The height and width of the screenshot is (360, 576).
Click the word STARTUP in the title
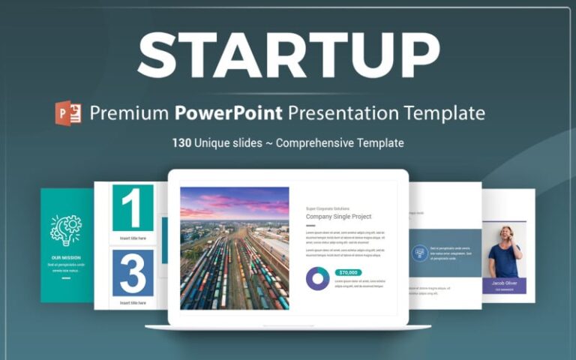(x=288, y=55)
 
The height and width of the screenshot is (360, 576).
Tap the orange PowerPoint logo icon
(x=68, y=113)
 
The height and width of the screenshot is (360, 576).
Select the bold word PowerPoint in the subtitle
(x=229, y=113)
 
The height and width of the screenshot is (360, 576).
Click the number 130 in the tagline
(x=182, y=142)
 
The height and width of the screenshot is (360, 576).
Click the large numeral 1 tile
(x=133, y=208)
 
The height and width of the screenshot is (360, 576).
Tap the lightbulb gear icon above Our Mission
(x=66, y=230)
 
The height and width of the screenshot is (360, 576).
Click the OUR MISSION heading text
(x=66, y=256)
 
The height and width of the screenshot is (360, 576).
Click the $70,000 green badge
(x=349, y=272)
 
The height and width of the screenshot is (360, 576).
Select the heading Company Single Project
(x=338, y=217)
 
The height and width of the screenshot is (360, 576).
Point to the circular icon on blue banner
(x=419, y=253)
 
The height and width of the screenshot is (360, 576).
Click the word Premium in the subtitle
(x=129, y=113)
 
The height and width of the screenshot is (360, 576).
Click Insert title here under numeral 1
(x=133, y=238)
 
